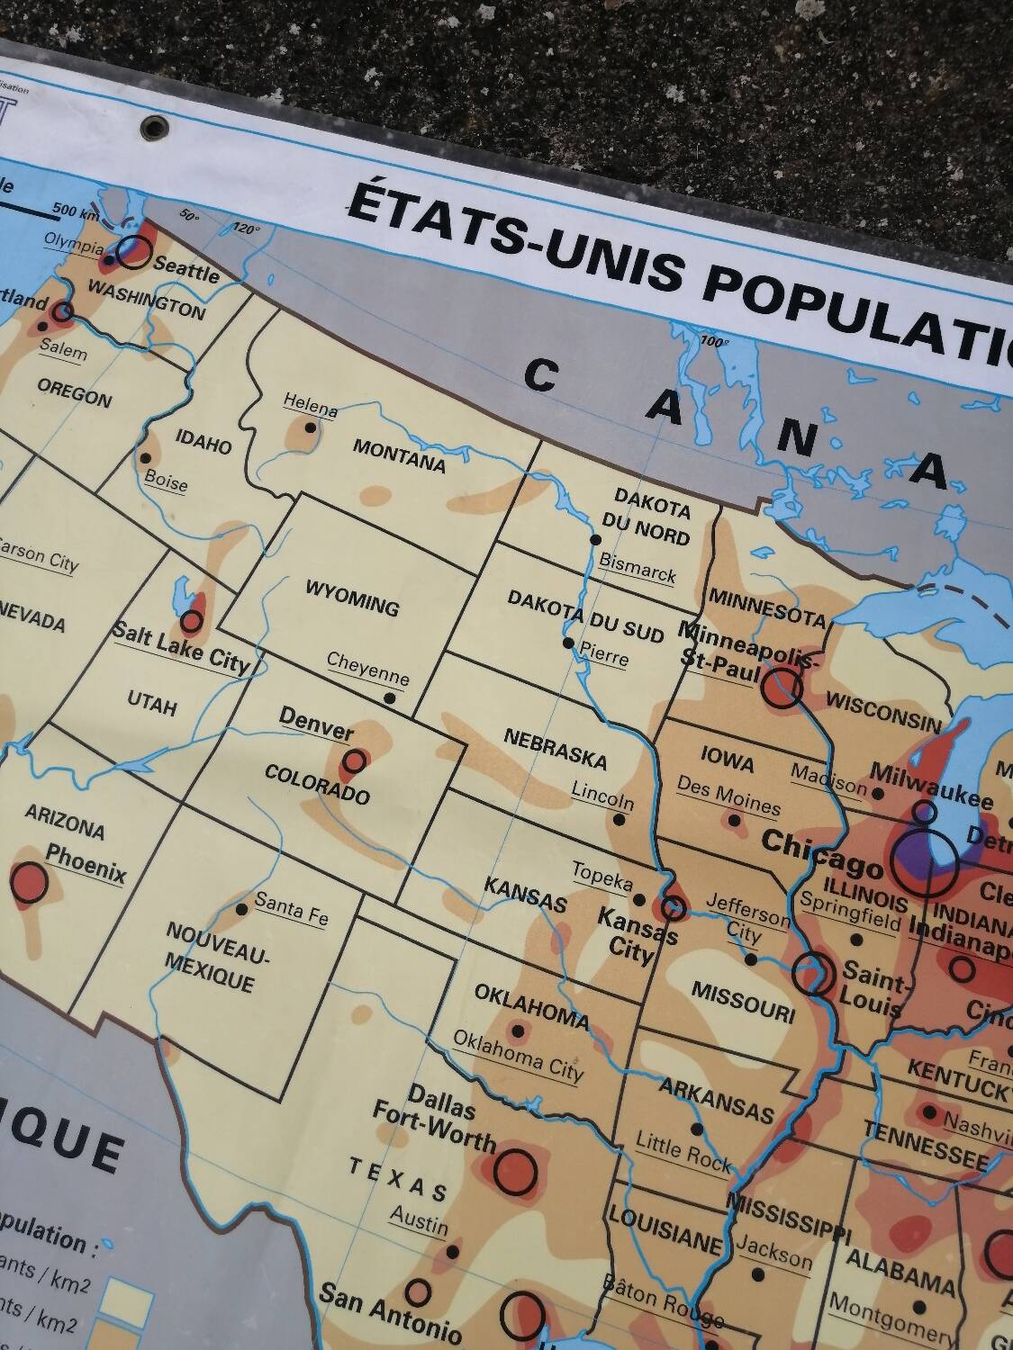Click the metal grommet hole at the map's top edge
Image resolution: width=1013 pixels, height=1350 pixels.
(154, 127)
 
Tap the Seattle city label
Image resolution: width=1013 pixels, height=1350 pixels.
(186, 268)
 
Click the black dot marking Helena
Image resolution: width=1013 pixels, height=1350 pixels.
(311, 427)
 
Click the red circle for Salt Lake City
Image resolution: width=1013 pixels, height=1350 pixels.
(191, 620)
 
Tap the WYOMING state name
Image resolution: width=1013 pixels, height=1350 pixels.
(352, 598)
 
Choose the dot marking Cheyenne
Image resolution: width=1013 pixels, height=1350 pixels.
(390, 697)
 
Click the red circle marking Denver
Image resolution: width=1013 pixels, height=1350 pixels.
(354, 761)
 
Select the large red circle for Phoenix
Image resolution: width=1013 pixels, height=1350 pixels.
(30, 881)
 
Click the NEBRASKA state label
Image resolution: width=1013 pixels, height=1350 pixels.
(555, 749)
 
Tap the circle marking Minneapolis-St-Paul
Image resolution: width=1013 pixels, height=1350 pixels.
(781, 688)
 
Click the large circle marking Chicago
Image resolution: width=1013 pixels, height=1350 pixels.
(923, 859)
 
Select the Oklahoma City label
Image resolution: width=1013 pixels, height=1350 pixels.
(518, 1053)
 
